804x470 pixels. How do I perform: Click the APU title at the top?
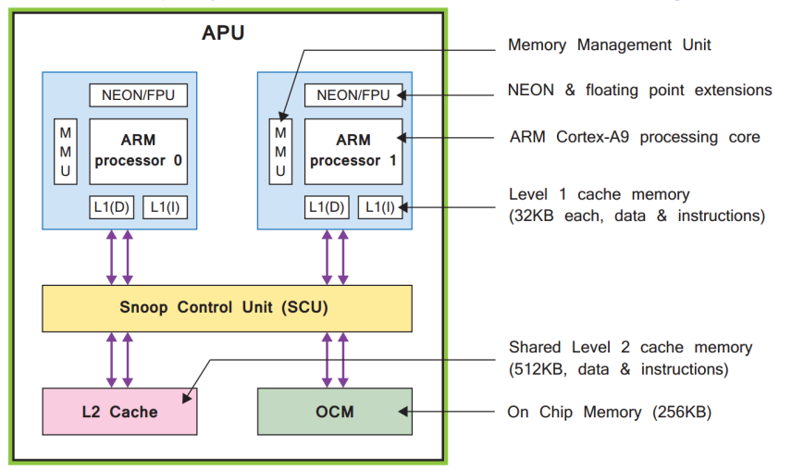(x=223, y=34)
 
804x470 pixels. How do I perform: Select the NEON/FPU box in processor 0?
(x=138, y=95)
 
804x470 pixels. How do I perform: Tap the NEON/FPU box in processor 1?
(x=353, y=95)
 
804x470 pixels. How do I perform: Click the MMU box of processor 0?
(x=65, y=152)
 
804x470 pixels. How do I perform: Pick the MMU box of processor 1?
(x=280, y=152)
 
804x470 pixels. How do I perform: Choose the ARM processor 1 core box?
(x=353, y=151)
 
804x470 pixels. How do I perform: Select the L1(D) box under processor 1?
(x=328, y=207)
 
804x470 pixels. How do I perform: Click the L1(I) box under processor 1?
(x=380, y=207)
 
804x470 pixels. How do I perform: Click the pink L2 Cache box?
(x=120, y=411)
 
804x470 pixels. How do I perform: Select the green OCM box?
(x=334, y=411)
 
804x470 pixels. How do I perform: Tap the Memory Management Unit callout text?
(x=609, y=44)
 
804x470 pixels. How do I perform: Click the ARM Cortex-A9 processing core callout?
(x=634, y=137)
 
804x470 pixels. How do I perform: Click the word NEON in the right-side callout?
(x=531, y=91)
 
